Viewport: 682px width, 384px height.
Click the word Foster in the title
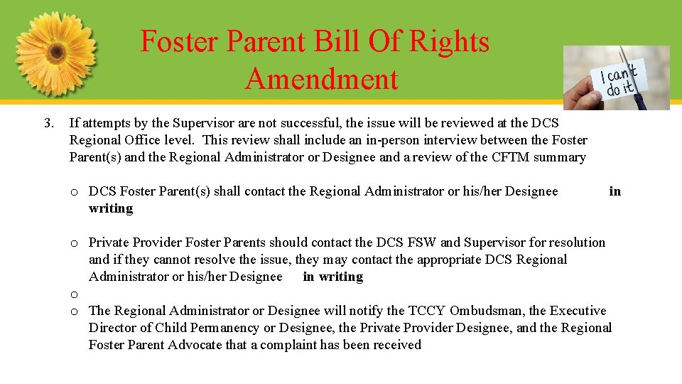click(x=177, y=41)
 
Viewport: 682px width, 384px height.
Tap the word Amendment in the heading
click(x=321, y=78)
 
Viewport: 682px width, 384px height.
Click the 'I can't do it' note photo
click(x=617, y=78)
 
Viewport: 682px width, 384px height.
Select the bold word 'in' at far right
click(x=615, y=191)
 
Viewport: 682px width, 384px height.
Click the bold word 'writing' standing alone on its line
click(x=111, y=208)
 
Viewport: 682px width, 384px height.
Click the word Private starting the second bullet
click(x=109, y=242)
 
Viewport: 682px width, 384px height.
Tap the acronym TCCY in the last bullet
click(x=426, y=311)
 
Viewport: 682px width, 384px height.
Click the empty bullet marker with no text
click(x=74, y=294)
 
